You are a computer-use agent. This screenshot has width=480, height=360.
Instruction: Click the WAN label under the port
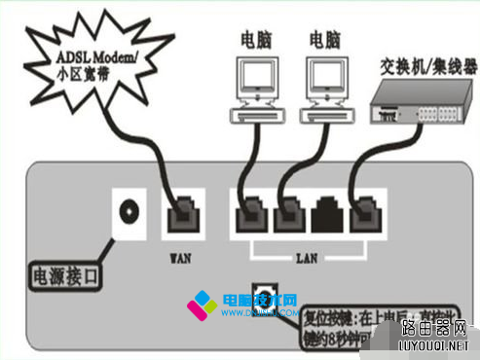tap(181, 260)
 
